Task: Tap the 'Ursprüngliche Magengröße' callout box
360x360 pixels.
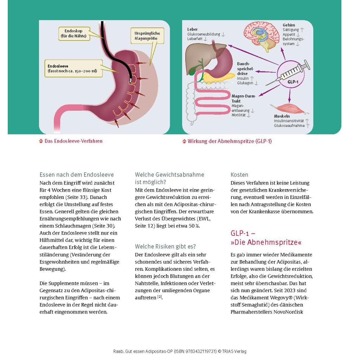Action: point(147,36)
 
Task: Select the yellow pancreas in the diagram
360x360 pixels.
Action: point(220,76)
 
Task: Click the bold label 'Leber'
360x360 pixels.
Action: point(192,30)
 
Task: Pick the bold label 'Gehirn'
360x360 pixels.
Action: point(289,25)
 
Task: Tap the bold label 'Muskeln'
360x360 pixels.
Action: point(282,116)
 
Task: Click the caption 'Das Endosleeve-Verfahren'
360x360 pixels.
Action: point(73,141)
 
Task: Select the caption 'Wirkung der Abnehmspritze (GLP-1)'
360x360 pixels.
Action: point(230,141)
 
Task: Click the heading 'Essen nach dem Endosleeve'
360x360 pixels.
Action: point(77,175)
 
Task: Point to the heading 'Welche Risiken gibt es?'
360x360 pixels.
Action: point(165,246)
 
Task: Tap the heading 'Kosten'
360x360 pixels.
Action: point(239,175)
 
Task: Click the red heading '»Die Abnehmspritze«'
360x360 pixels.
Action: point(266,243)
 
